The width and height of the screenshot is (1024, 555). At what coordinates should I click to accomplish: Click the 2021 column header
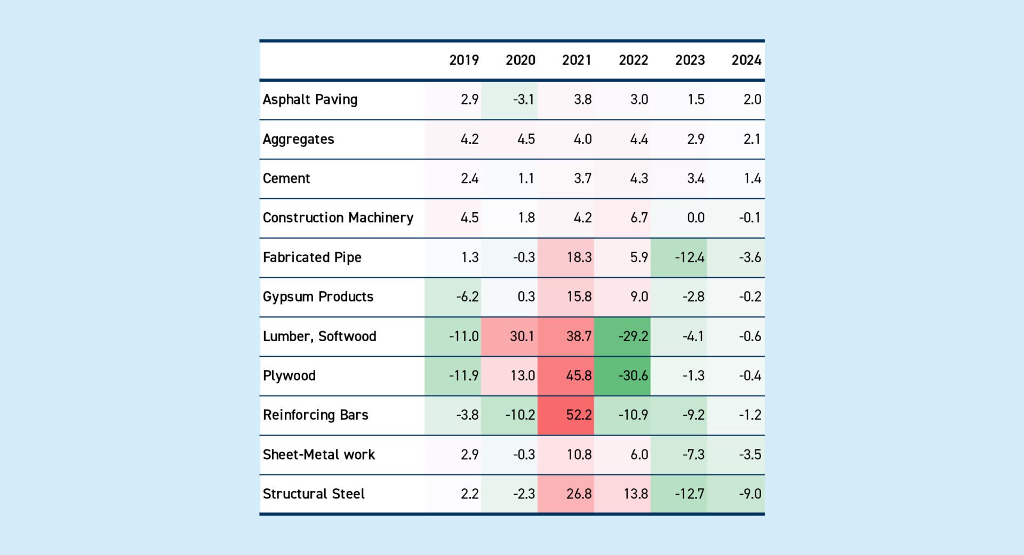click(577, 60)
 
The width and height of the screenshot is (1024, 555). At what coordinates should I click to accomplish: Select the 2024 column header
click(746, 60)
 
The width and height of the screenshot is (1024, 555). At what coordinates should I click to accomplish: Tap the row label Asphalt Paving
click(310, 100)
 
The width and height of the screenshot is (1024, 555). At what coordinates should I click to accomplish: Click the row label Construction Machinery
click(338, 218)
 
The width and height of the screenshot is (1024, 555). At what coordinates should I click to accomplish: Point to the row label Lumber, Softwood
click(319, 336)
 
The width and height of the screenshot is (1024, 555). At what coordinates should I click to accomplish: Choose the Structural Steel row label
click(314, 494)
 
